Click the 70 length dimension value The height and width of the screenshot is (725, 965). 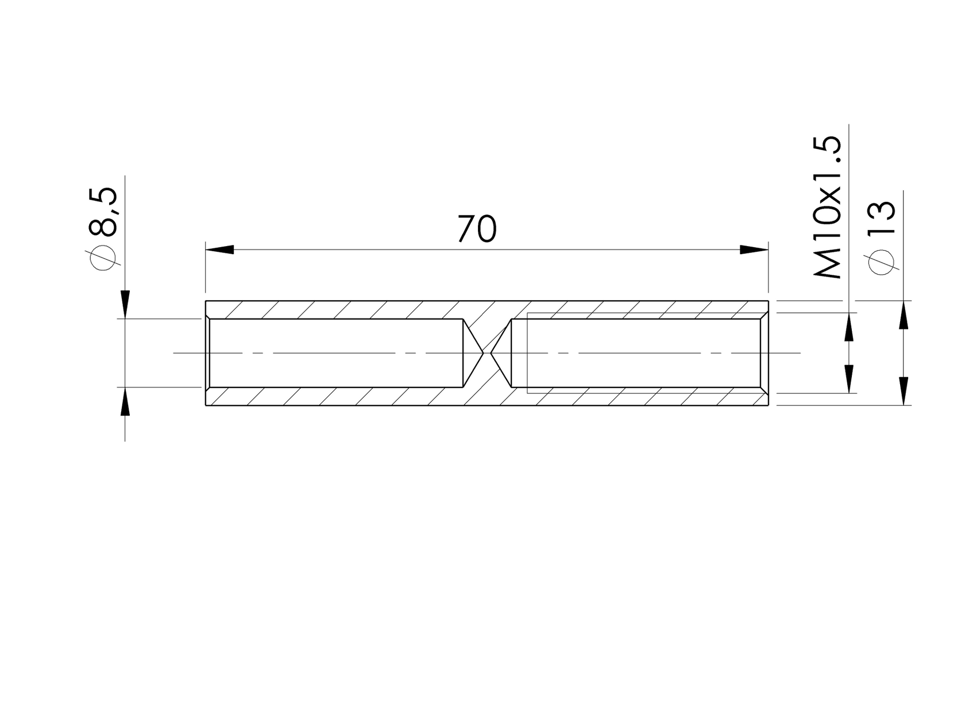pos(476,229)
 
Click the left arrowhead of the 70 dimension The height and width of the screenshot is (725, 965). pos(220,250)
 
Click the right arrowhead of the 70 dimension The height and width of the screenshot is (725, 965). pos(754,250)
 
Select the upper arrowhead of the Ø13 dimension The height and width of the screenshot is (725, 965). pos(904,316)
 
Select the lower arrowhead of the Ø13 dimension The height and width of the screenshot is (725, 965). pos(904,390)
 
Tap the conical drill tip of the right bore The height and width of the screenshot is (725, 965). pos(501,352)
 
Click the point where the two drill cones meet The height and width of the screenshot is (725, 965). pos(487,352)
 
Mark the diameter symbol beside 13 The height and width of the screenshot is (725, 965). pos(882,263)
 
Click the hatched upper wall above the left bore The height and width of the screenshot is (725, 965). pos(333,309)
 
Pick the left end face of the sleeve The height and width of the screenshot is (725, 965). pos(206,352)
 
